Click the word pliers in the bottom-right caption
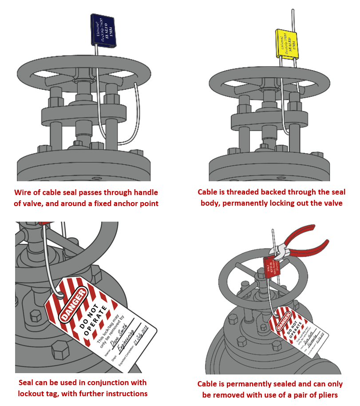(329, 395)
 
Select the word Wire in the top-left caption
(24, 192)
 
